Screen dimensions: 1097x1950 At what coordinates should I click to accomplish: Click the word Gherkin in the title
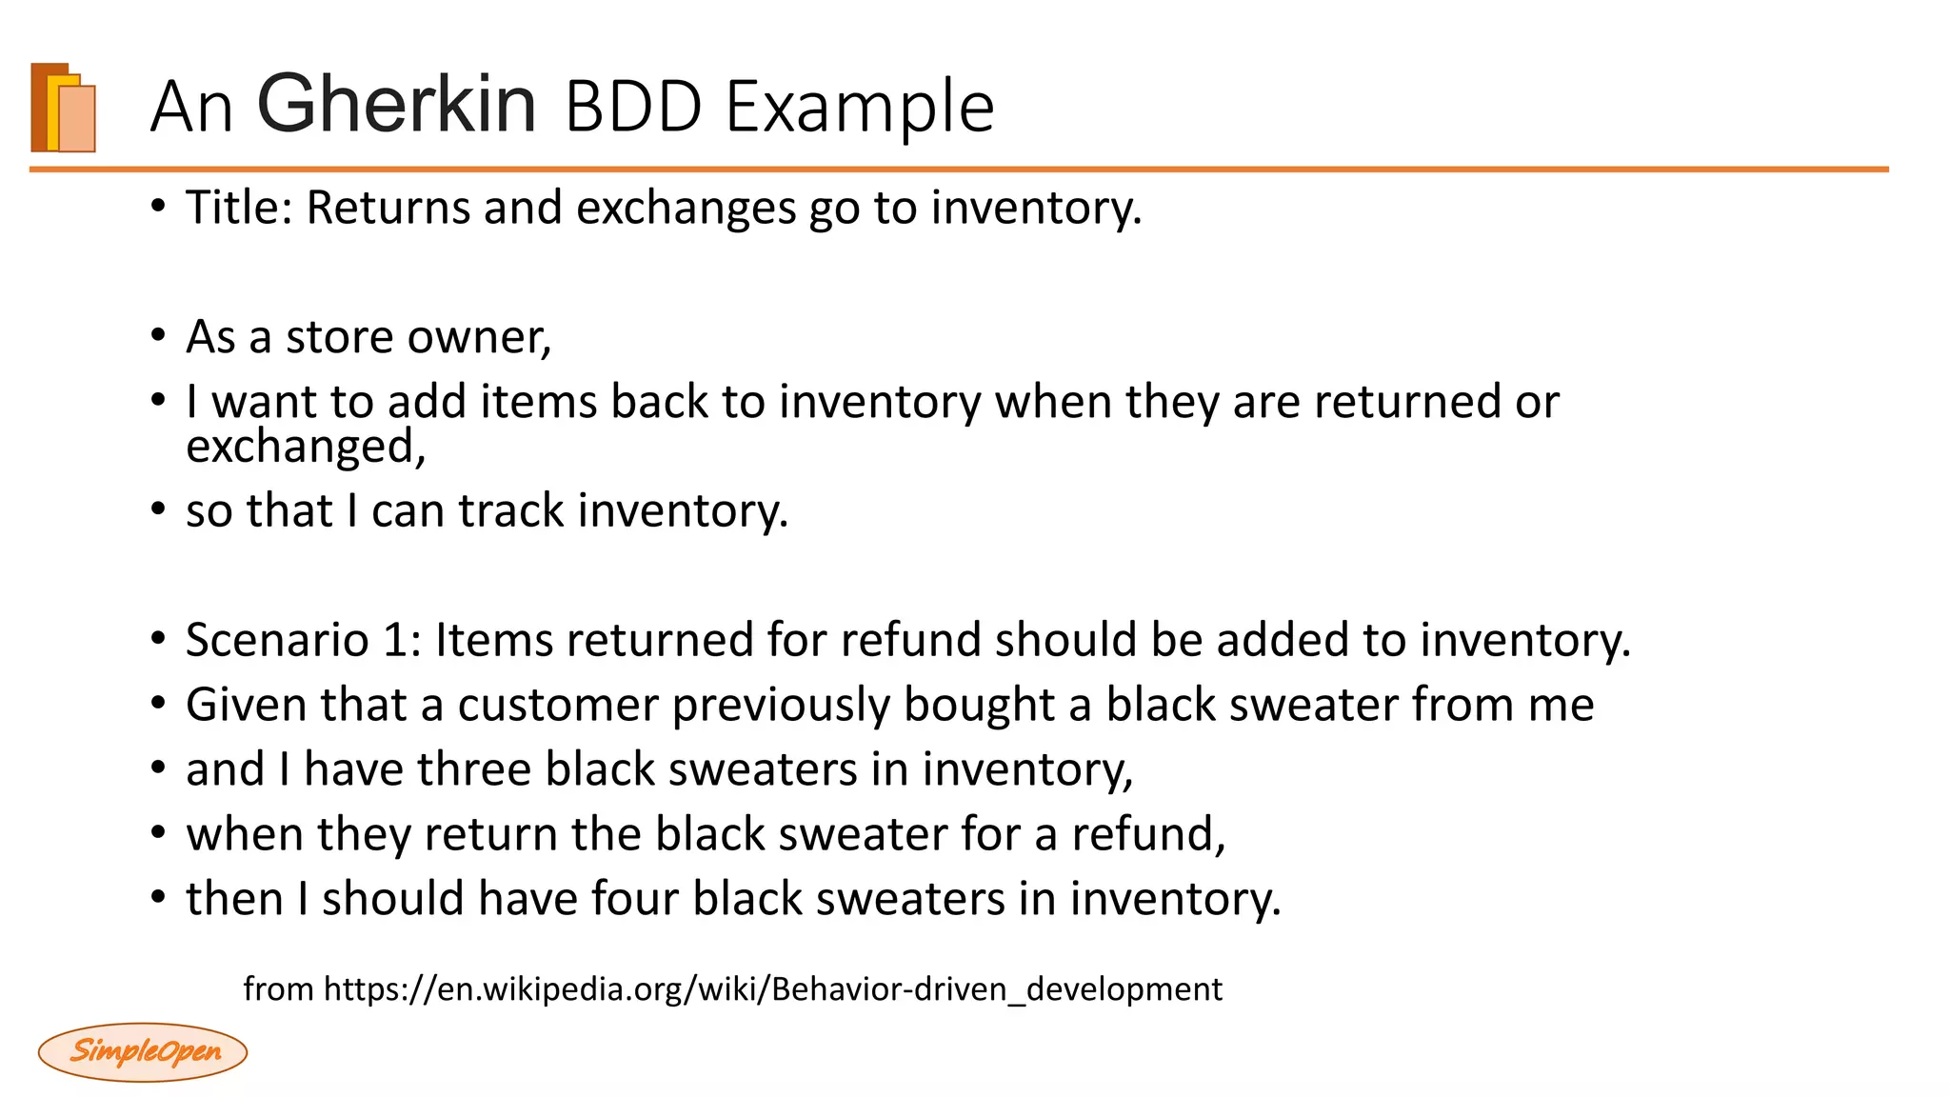[x=396, y=105]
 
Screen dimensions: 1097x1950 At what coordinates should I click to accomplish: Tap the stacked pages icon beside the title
[x=64, y=108]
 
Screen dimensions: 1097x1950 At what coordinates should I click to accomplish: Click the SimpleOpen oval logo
[x=143, y=1051]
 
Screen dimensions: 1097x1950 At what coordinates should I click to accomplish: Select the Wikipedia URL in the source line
[x=772, y=989]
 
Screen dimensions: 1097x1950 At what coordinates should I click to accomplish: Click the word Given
[x=245, y=705]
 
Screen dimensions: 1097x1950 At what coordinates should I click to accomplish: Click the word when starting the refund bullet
[x=245, y=834]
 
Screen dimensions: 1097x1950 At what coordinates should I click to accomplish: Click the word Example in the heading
[x=860, y=107]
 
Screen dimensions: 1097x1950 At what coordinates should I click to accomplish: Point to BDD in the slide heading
[x=633, y=107]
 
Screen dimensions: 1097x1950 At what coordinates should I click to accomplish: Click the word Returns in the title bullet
[x=388, y=208]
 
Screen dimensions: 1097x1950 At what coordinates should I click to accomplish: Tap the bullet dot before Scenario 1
[x=158, y=639]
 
